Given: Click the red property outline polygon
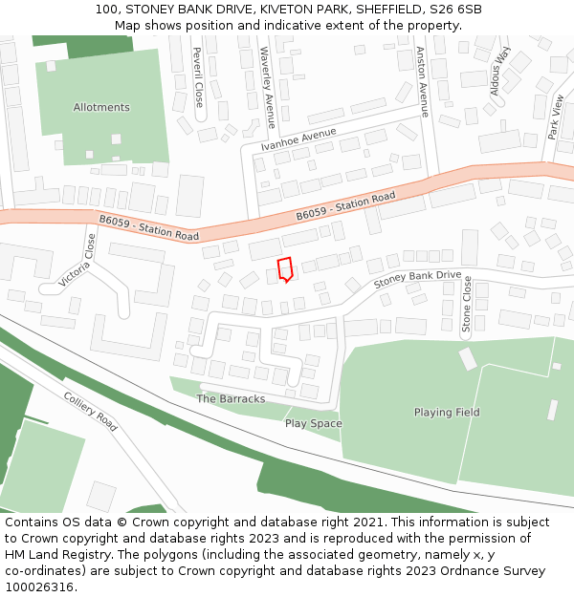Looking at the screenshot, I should (x=284, y=269).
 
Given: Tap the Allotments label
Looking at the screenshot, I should (x=101, y=107).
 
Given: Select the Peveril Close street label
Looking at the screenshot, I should (x=198, y=76).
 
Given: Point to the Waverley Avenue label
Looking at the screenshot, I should (x=269, y=87).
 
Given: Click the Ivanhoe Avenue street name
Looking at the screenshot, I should (x=298, y=139).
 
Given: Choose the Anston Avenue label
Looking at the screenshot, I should (x=422, y=81).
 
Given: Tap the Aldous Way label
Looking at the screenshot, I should (x=501, y=72).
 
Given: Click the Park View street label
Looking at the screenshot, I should (x=556, y=117).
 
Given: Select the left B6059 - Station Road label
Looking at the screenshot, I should (x=148, y=227).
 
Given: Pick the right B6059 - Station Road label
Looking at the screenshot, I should (x=345, y=206).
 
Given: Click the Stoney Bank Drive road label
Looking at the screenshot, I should (x=417, y=279).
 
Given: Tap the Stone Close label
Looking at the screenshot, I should (x=467, y=304).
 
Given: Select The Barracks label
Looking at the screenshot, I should (x=231, y=398).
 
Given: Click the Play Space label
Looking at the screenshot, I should (x=313, y=423).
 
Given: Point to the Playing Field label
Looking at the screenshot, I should (x=447, y=413).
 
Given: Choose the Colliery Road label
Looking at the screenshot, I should (x=91, y=412).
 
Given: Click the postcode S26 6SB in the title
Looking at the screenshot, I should (x=455, y=10).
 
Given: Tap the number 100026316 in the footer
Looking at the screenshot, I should (x=38, y=586).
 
